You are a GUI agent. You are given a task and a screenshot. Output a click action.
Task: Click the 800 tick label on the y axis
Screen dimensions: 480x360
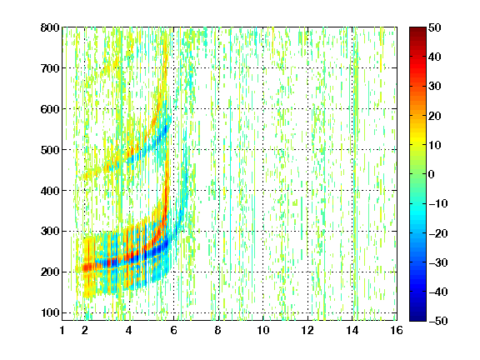click(50, 27)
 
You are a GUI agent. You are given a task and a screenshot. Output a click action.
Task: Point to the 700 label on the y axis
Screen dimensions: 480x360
click(50, 68)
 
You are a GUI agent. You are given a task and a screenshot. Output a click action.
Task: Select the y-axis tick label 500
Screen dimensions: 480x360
click(50, 150)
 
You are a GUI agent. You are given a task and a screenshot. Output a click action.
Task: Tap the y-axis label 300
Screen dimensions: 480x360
click(50, 232)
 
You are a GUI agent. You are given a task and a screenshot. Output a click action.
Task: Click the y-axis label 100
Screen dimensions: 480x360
click(50, 312)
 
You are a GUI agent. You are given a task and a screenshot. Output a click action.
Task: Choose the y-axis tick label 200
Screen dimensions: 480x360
click(50, 272)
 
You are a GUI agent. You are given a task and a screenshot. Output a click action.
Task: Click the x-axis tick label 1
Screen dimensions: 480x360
click(62, 330)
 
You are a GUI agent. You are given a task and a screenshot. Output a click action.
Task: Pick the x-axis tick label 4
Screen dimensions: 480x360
click(129, 330)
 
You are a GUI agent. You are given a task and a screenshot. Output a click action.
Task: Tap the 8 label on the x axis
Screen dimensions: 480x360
click(218, 330)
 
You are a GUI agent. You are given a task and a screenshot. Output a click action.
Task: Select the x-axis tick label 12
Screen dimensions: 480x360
click(307, 330)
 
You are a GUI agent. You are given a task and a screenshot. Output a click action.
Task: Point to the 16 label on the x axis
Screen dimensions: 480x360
click(397, 330)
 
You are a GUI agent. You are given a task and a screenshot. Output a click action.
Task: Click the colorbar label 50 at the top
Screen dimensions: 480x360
click(435, 27)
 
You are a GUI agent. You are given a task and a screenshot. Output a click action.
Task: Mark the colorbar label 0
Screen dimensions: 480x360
click(432, 174)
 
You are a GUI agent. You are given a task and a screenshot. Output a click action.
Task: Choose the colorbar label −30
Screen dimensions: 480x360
click(438, 262)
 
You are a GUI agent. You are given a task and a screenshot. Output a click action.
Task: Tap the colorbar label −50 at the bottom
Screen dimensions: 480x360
click(438, 321)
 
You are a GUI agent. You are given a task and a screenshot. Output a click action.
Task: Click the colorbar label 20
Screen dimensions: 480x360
click(435, 116)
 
